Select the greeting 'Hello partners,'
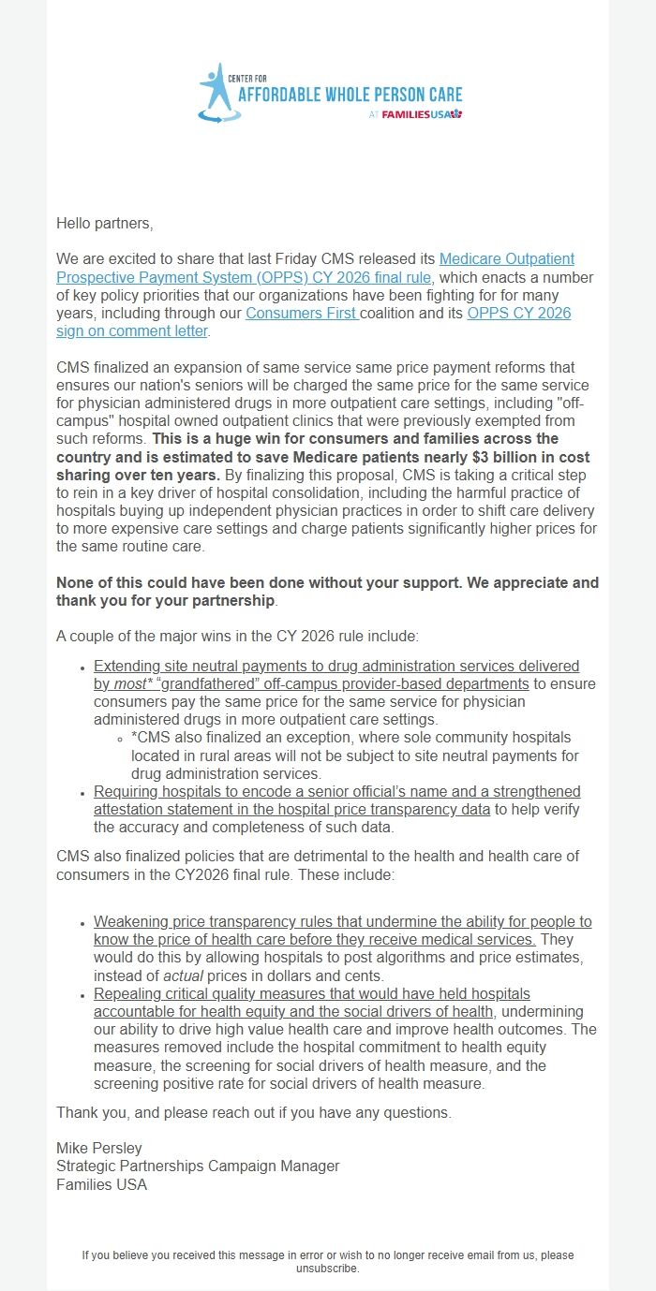(104, 224)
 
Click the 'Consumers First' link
(301, 313)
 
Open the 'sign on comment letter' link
(131, 330)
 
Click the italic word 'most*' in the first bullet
(135, 684)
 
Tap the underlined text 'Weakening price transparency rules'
(210, 922)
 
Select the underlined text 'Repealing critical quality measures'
(207, 993)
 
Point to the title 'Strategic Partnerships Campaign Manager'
(198, 1166)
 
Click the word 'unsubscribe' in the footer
(326, 1269)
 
